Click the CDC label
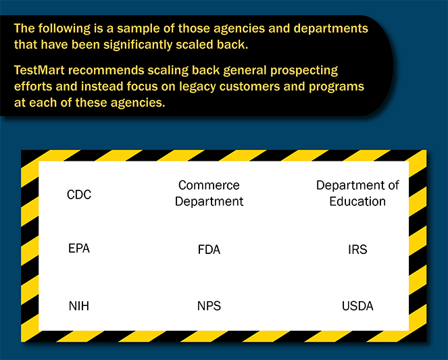pos(79,195)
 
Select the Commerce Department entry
pos(209,193)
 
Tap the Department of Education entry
pos(357,193)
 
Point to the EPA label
pos(79,249)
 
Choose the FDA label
pos(209,249)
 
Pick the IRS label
pos(357,249)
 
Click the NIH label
pos(79,306)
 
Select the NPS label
pos(209,306)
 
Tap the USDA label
pos(357,306)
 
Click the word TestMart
pos(39,70)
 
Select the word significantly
pos(138,45)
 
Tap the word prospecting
pos(304,71)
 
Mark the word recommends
pos(106,70)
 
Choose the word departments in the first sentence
pos(331,29)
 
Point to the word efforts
pos(33,86)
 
